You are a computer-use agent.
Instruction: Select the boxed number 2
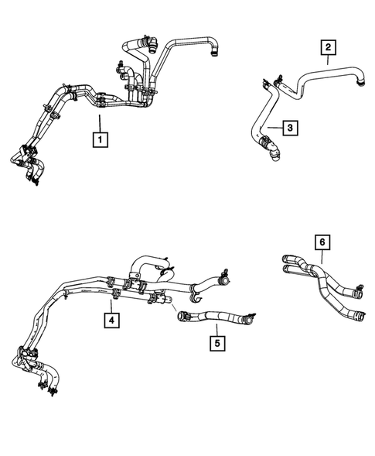[329, 49]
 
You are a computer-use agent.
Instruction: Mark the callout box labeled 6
[322, 242]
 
